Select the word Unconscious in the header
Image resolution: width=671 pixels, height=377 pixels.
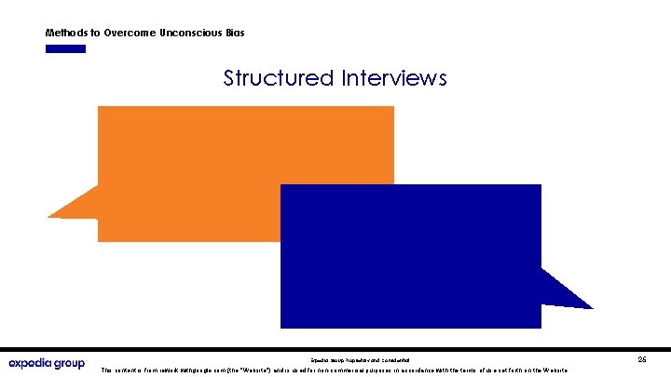pyautogui.click(x=193, y=33)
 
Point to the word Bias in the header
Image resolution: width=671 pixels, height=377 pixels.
pyautogui.click(x=234, y=33)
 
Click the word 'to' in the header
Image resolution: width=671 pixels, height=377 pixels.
pyautogui.click(x=96, y=33)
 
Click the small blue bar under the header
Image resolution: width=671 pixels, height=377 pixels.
pyautogui.click(x=65, y=48)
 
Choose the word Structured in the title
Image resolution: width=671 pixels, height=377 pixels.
pyautogui.click(x=278, y=78)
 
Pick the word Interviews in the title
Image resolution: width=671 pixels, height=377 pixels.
pyautogui.click(x=393, y=78)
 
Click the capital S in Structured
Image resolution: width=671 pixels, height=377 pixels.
pyautogui.click(x=230, y=78)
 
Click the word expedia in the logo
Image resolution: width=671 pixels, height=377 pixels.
pyautogui.click(x=34, y=363)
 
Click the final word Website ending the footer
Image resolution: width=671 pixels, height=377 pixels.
pyautogui.click(x=557, y=370)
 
